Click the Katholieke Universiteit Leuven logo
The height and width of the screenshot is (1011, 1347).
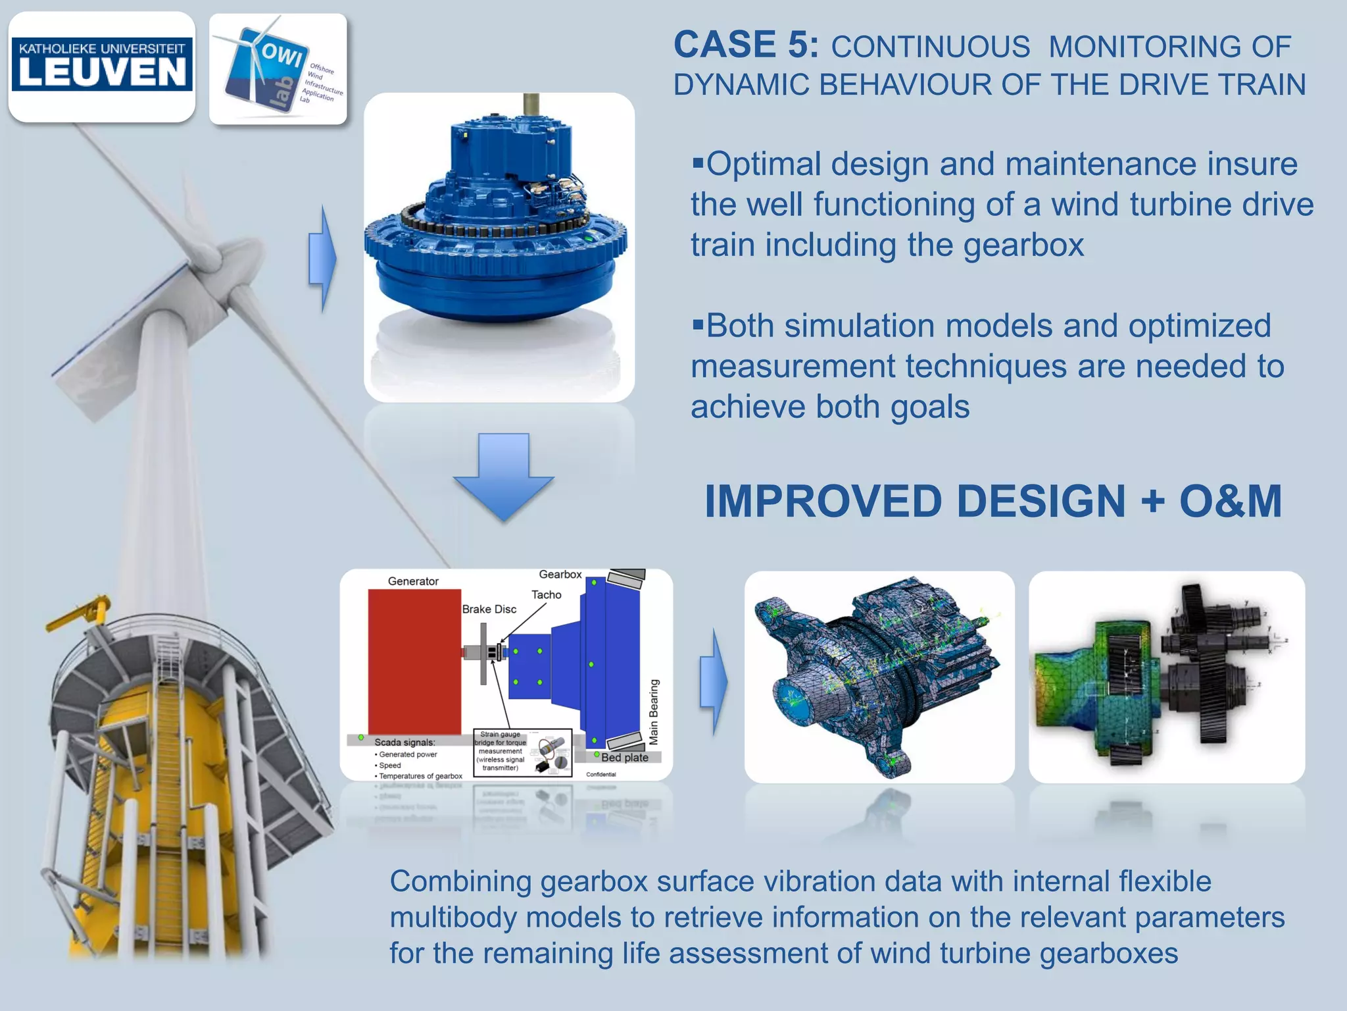[x=102, y=66]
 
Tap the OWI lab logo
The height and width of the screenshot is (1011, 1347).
[x=278, y=69]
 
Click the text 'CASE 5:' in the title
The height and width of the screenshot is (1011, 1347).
[x=746, y=45]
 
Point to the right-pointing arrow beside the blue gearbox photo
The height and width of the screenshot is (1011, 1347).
[x=322, y=258]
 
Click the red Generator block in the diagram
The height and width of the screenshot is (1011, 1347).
[x=414, y=661]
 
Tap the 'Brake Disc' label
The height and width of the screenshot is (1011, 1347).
[x=489, y=609]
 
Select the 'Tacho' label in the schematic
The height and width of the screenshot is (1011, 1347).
[x=546, y=594]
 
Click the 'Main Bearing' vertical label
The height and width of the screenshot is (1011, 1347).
[x=654, y=712]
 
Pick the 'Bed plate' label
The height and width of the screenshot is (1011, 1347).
[x=624, y=758]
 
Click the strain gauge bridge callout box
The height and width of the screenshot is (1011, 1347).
[x=522, y=752]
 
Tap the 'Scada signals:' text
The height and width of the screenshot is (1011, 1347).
[x=404, y=742]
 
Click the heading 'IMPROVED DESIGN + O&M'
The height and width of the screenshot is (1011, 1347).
[x=992, y=502]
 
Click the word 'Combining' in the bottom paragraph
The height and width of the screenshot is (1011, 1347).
[x=460, y=881]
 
